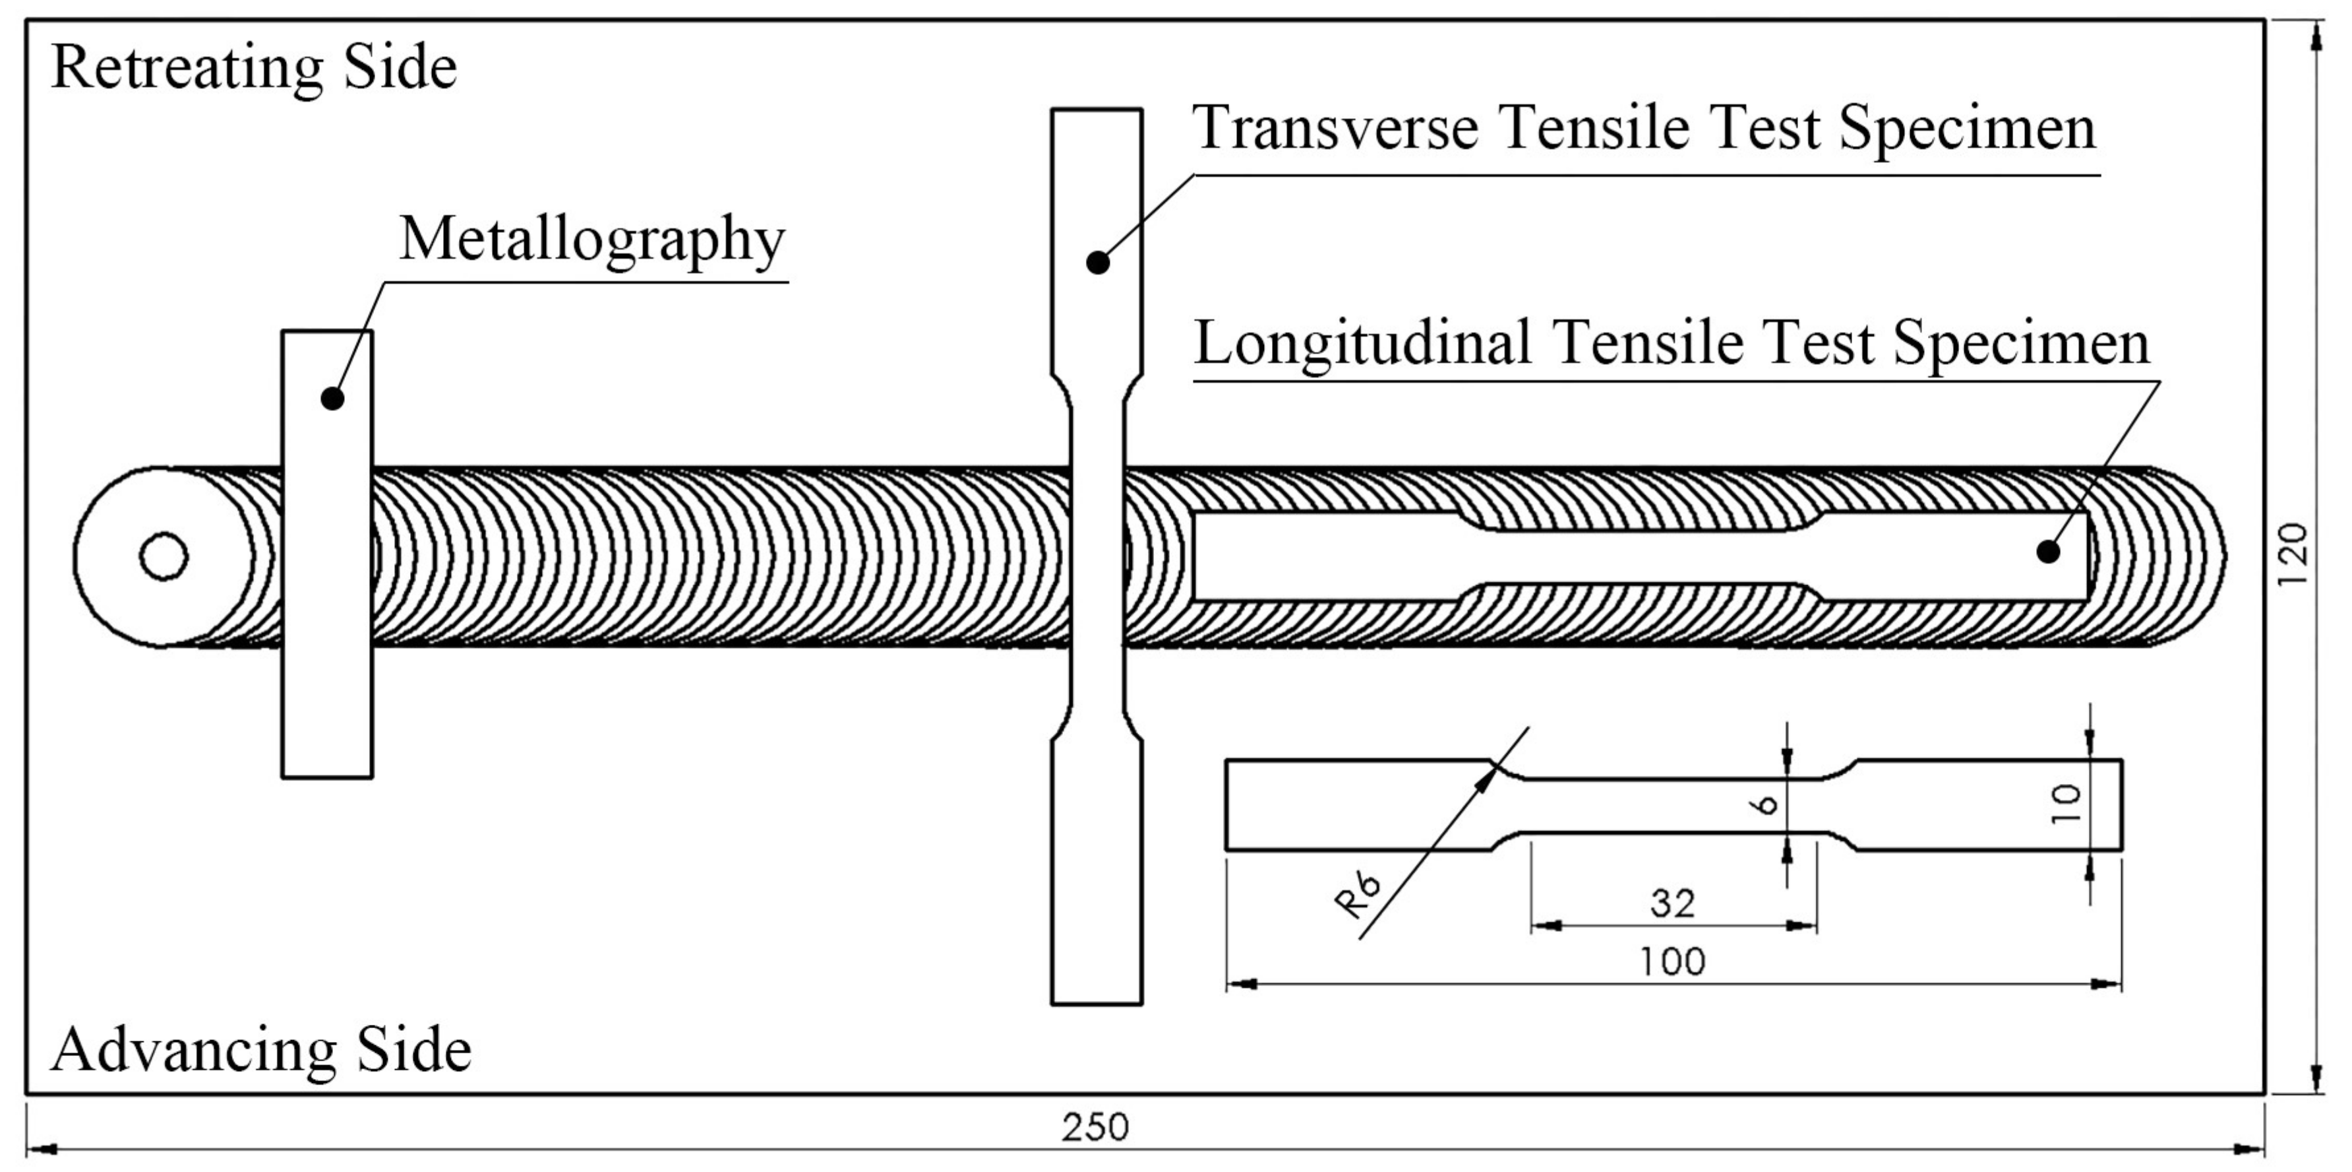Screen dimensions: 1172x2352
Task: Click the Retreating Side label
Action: [x=254, y=69]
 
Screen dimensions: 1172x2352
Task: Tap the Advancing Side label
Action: [x=261, y=1051]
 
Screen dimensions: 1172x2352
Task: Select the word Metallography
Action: [x=593, y=240]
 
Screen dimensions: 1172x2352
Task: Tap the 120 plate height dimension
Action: [x=2292, y=556]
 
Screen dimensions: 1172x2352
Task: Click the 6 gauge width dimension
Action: [x=1766, y=804]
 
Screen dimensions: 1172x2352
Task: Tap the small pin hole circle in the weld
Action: [x=164, y=556]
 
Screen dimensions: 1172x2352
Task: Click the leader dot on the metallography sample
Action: [x=332, y=399]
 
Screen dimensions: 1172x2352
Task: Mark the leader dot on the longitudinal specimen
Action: [x=2049, y=552]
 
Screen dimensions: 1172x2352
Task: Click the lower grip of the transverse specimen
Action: [x=1097, y=868]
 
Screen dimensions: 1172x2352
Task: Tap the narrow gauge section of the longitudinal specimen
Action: [x=1643, y=556]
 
